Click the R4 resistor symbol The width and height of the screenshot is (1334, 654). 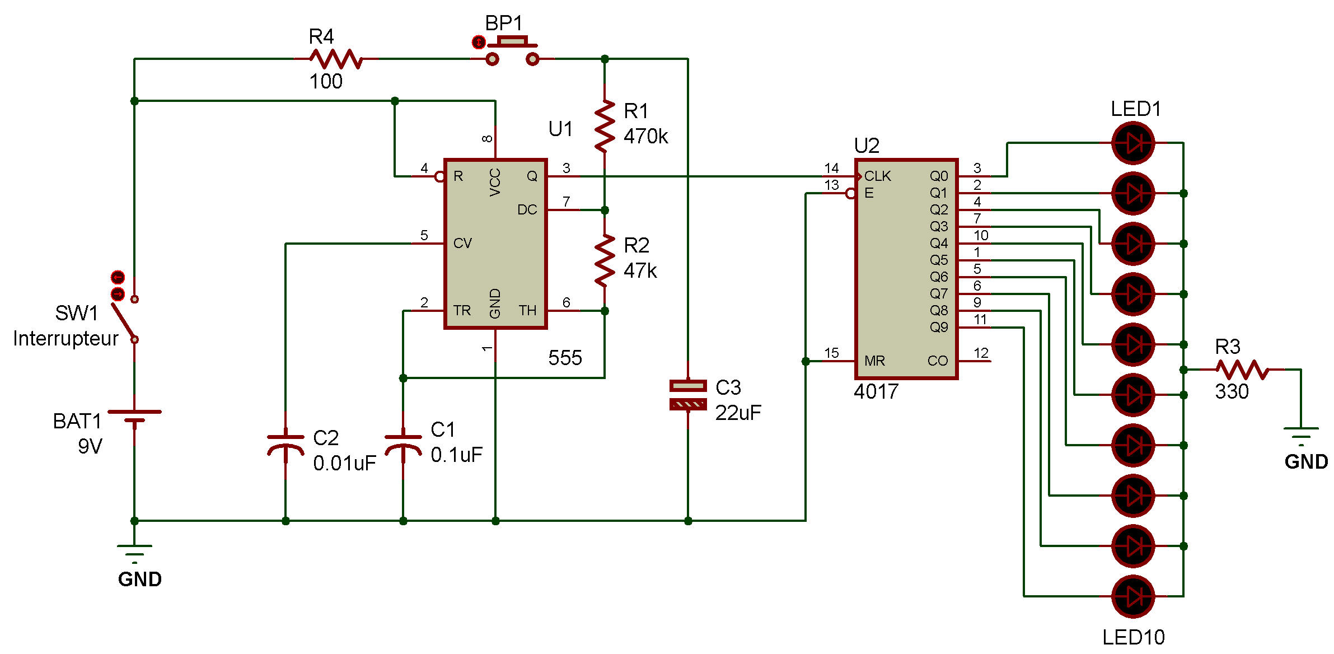pyautogui.click(x=336, y=58)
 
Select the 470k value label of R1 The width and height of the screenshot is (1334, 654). pyautogui.click(x=645, y=136)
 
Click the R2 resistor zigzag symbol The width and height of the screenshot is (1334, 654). pyautogui.click(x=605, y=261)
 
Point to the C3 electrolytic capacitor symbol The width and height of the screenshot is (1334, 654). pyautogui.click(x=688, y=395)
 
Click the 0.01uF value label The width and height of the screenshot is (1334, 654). pyautogui.click(x=344, y=463)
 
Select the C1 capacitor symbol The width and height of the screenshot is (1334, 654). pyautogui.click(x=403, y=445)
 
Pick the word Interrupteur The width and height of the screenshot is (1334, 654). pyautogui.click(x=65, y=338)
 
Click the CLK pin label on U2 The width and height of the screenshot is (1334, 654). pyautogui.click(x=877, y=176)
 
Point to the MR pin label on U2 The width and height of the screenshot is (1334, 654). pyautogui.click(x=874, y=361)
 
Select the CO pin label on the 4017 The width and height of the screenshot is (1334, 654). pyautogui.click(x=937, y=361)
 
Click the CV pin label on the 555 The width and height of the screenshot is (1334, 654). pyautogui.click(x=462, y=244)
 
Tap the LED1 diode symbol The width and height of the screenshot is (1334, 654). pyautogui.click(x=1133, y=143)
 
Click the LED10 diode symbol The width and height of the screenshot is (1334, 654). pyautogui.click(x=1133, y=596)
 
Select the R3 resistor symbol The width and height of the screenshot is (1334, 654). pyautogui.click(x=1242, y=370)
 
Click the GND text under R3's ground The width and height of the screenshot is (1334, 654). pyautogui.click(x=1306, y=462)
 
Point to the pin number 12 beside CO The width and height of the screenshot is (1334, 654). pyautogui.click(x=981, y=353)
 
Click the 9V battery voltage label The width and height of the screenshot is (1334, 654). pyautogui.click(x=90, y=446)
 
